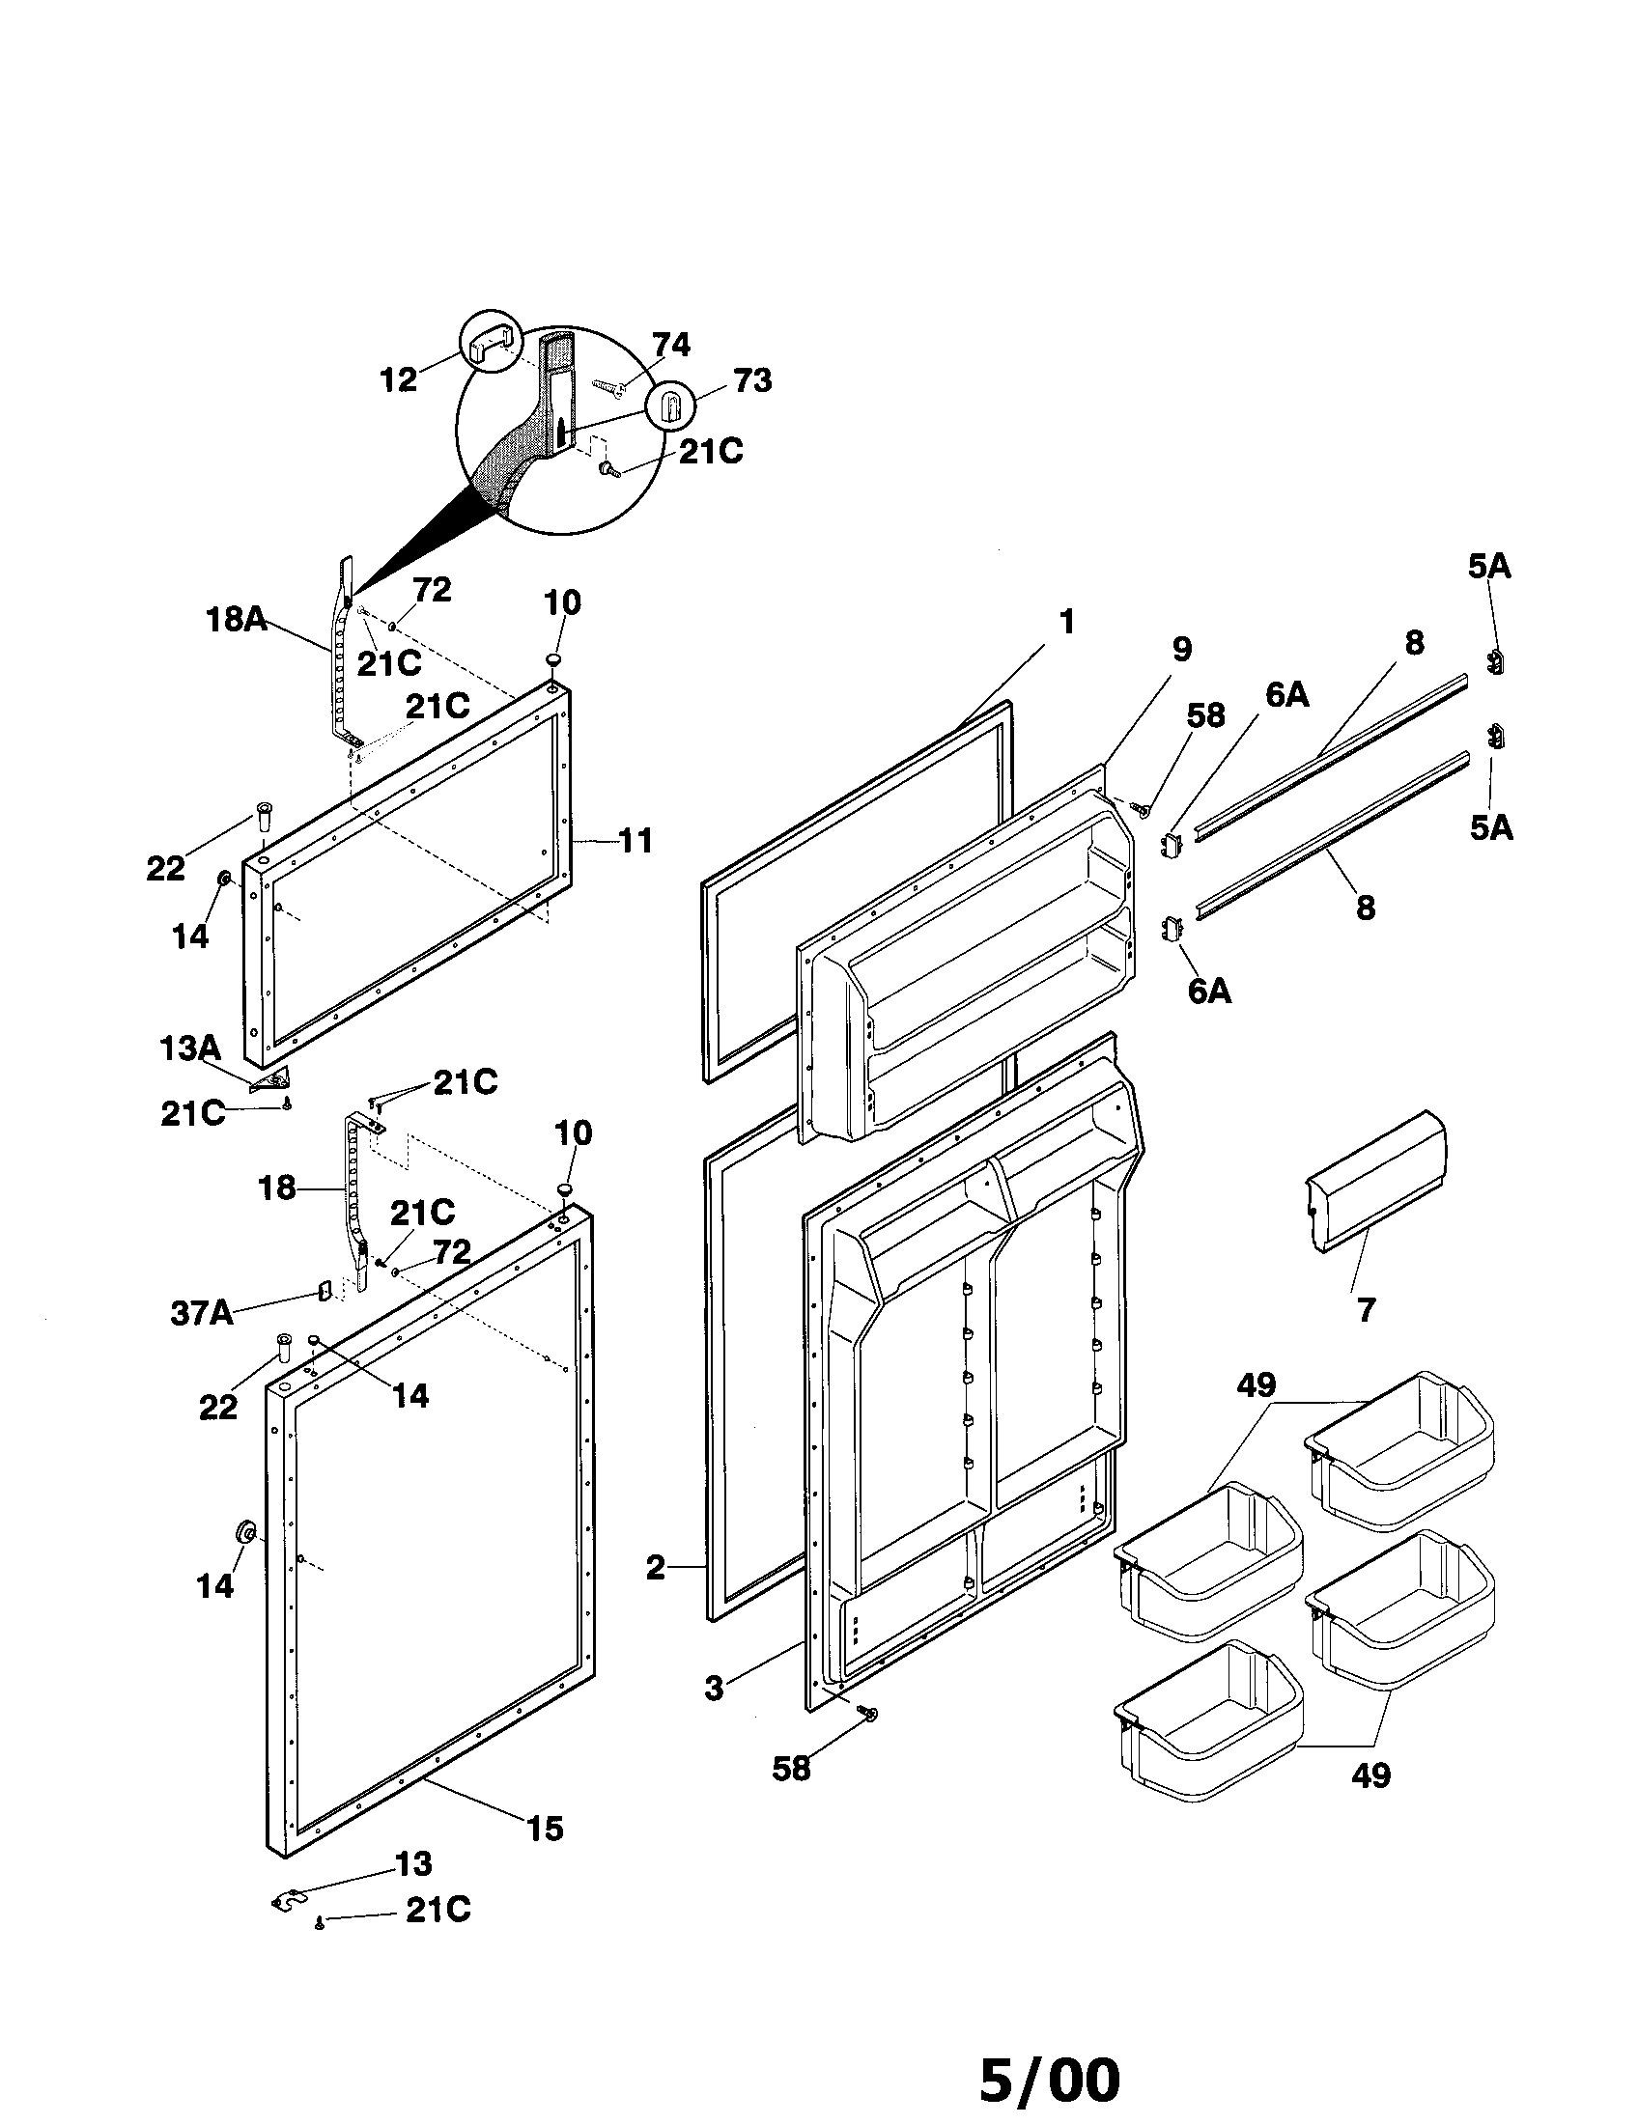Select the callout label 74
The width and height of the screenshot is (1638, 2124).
point(670,346)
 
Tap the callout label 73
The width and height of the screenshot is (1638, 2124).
point(752,380)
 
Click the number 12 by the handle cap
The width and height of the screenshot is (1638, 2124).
point(399,379)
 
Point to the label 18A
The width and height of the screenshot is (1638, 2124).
point(237,619)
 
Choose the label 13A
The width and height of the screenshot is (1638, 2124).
point(189,1048)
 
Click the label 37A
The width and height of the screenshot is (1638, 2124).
point(202,1313)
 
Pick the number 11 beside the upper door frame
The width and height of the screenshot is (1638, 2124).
point(635,840)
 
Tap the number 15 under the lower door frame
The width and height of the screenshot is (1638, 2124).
point(545,1829)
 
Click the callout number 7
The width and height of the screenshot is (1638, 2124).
point(1366,1310)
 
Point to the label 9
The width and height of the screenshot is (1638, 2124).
point(1181,649)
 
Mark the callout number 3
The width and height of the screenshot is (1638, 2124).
point(714,1689)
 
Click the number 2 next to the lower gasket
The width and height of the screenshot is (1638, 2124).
point(656,1567)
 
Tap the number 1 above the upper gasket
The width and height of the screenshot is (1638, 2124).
point(1066,622)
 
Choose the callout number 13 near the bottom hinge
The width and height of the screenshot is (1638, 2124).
point(413,1862)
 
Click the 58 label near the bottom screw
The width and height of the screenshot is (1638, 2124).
point(791,1769)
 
